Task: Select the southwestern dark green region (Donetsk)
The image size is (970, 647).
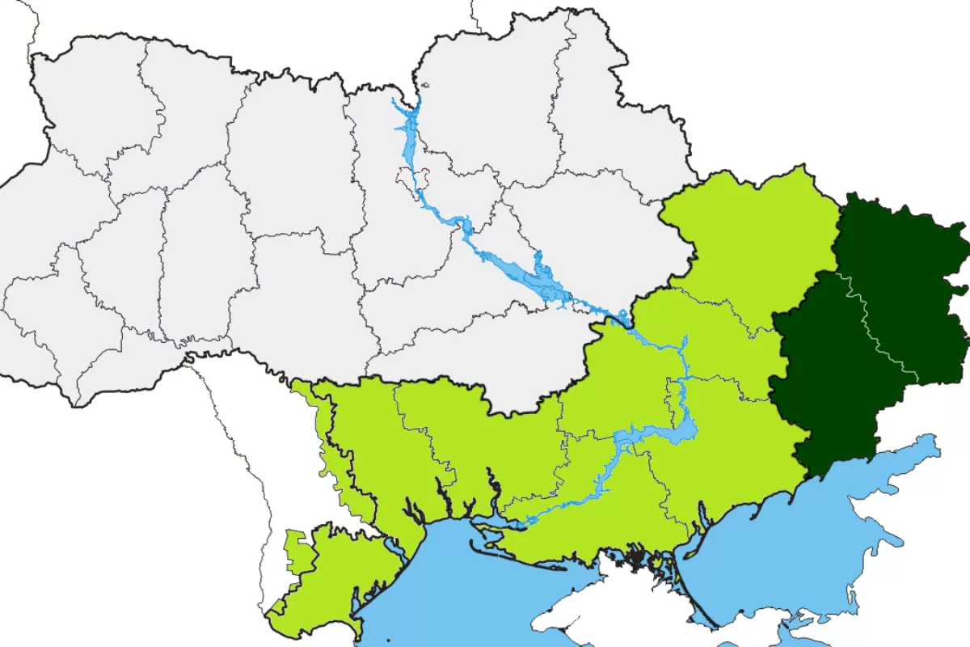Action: click(x=833, y=380)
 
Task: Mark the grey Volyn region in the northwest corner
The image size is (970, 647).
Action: click(x=89, y=97)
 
